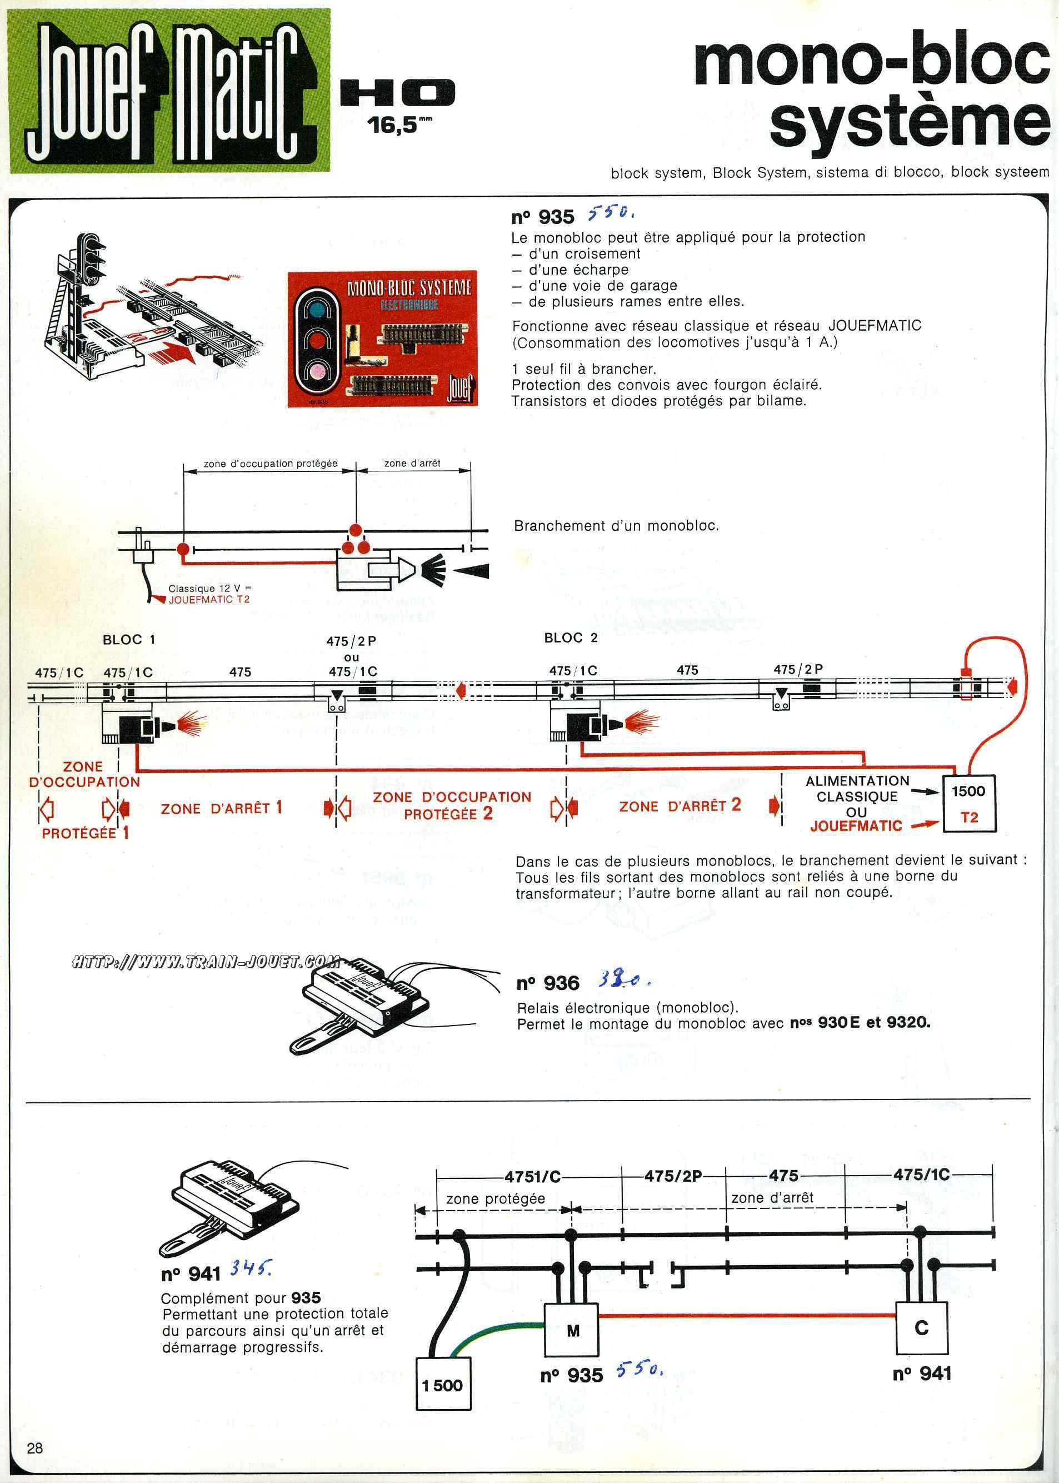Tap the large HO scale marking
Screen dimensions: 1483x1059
tap(397, 93)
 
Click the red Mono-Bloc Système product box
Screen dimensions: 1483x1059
tap(383, 339)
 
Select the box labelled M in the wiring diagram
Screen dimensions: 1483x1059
tap(571, 1329)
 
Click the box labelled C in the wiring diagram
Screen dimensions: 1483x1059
tap(921, 1328)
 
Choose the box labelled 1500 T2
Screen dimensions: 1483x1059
tap(969, 803)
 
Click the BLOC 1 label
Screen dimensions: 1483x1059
tap(128, 639)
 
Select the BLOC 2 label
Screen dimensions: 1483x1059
tap(571, 638)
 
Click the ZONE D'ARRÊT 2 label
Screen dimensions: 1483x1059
tap(680, 806)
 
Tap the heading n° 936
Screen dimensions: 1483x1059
tap(548, 983)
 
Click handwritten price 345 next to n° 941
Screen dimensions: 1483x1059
tap(251, 1268)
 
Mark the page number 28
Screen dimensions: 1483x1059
tap(34, 1448)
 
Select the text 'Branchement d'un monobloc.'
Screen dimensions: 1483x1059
tap(616, 526)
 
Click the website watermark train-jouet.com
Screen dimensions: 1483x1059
tap(206, 962)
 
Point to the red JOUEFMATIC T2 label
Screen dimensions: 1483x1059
tap(209, 600)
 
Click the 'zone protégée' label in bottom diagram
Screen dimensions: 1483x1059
tap(496, 1198)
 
